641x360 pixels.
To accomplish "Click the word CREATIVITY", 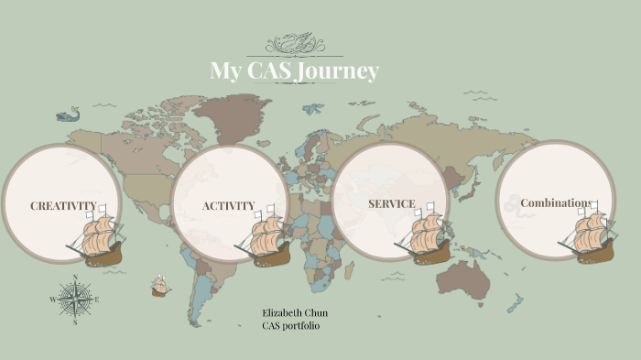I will [63, 206].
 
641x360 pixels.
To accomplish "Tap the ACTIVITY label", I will [229, 206].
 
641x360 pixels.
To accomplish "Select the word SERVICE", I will [392, 203].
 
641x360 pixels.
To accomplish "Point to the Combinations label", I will [556, 203].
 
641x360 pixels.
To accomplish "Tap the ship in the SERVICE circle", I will [423, 235].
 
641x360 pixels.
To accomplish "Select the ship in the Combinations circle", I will [587, 236].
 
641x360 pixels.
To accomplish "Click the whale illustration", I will [69, 115].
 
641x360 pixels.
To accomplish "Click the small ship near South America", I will [160, 287].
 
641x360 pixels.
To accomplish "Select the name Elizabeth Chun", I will [295, 313].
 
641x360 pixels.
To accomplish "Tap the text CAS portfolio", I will [291, 326].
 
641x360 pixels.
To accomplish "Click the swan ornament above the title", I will [293, 43].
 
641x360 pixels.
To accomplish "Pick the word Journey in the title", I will [340, 71].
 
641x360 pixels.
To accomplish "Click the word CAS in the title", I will [272, 71].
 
